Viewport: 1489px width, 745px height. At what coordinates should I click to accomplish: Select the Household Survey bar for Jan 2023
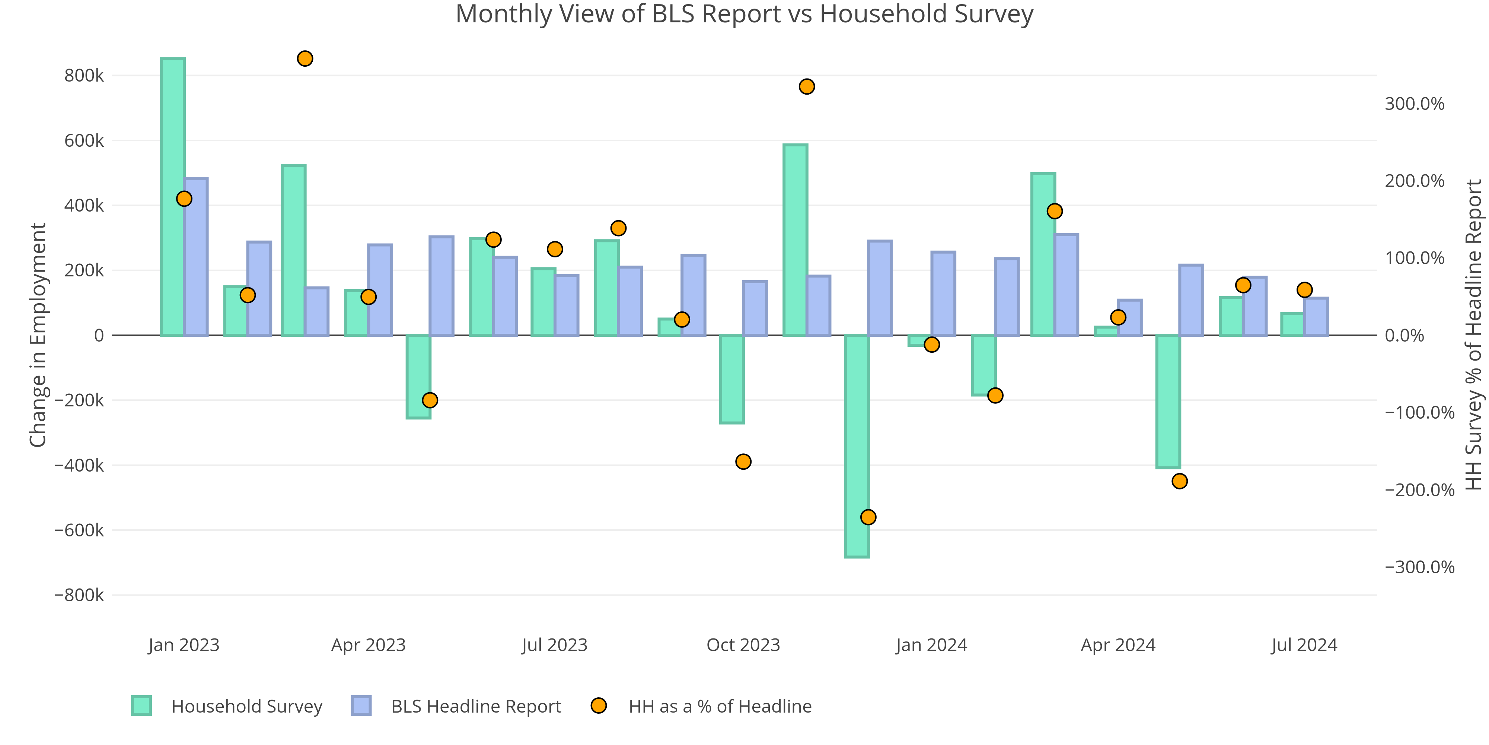[x=173, y=197]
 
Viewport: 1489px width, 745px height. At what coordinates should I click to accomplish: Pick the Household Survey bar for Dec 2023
[x=857, y=446]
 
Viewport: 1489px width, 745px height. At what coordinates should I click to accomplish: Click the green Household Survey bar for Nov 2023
[x=795, y=240]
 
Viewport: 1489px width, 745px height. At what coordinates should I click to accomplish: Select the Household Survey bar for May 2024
[x=1168, y=401]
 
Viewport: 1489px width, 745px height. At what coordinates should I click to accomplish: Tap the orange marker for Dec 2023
[x=868, y=517]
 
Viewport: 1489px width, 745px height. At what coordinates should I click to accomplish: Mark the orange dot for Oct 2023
[x=743, y=462]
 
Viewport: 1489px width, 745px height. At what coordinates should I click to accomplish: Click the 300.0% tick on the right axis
[x=1414, y=104]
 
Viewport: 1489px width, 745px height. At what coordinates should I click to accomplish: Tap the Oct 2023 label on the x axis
[x=743, y=645]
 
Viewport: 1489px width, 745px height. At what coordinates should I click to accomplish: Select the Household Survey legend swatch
[x=141, y=706]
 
